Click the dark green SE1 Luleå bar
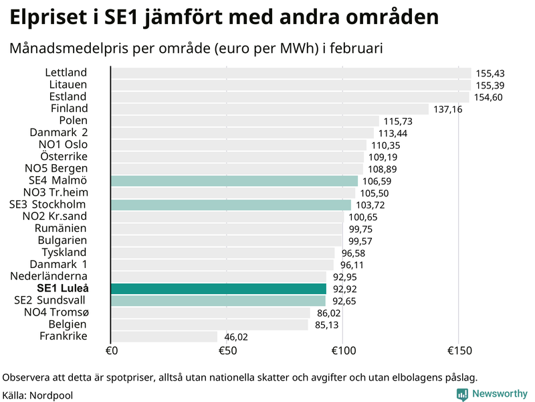[x=219, y=289]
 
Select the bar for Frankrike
[x=165, y=336]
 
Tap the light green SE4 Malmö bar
[x=234, y=181]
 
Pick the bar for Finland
[x=270, y=109]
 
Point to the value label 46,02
[x=236, y=337]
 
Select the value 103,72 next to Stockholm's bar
[x=368, y=205]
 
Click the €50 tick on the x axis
[x=227, y=351]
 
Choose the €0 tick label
[x=112, y=351]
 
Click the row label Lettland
[x=66, y=72]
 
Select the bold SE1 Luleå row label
[x=63, y=288]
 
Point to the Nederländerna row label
[x=49, y=276]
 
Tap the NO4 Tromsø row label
[x=56, y=312]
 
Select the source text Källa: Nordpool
[x=38, y=395]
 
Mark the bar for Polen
[x=245, y=121]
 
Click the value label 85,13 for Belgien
[x=326, y=325]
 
